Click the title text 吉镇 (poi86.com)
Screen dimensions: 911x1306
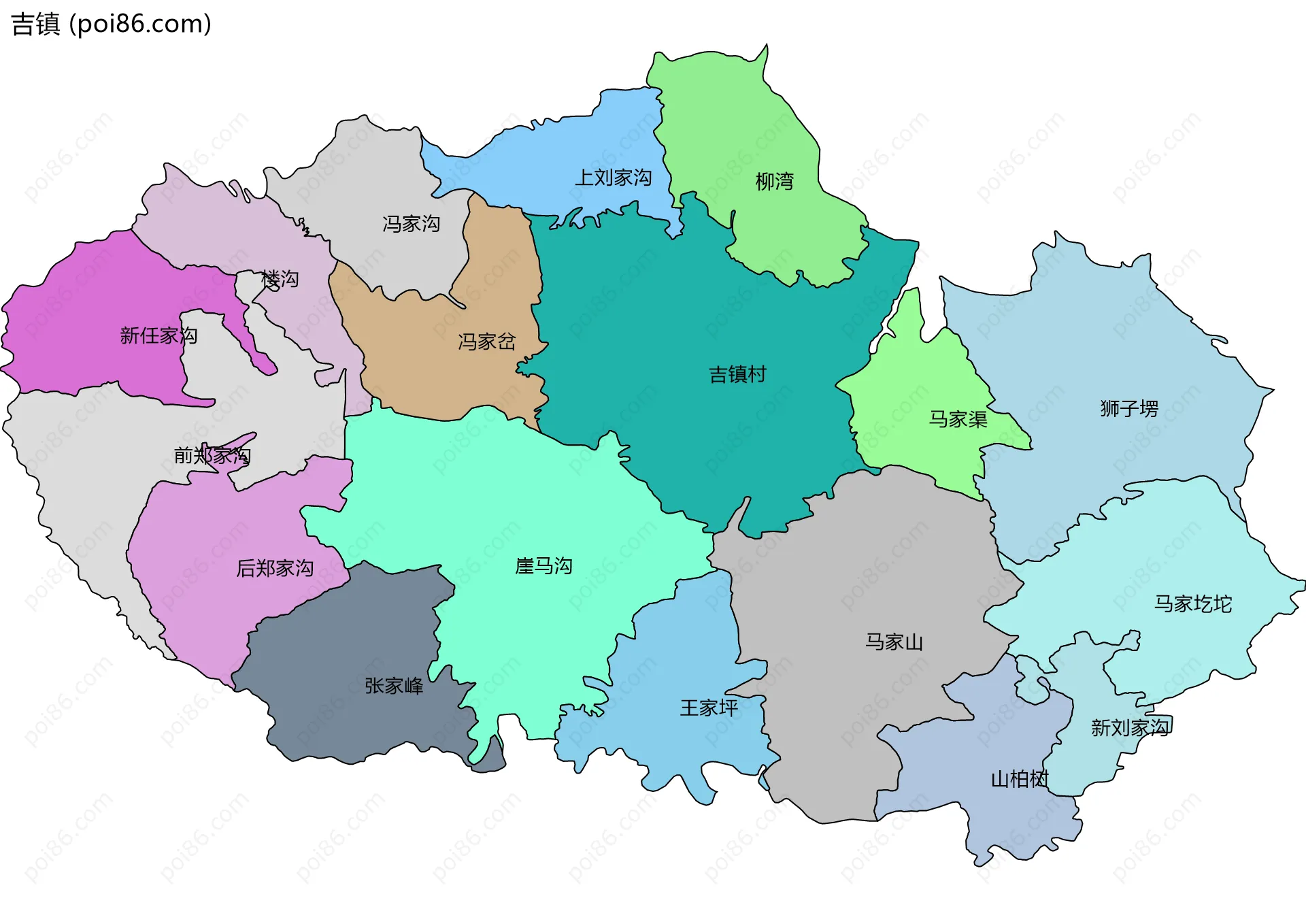click(111, 24)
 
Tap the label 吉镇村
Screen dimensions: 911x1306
click(737, 374)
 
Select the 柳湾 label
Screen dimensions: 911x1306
click(774, 182)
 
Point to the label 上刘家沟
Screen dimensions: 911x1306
click(613, 178)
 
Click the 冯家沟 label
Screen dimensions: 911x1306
click(411, 224)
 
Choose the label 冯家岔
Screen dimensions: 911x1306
click(486, 342)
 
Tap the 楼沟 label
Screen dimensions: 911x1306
click(280, 280)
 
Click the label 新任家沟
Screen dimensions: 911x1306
click(158, 335)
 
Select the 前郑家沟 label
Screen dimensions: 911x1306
click(212, 455)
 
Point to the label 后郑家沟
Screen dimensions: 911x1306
click(275, 568)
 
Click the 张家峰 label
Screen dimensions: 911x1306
click(394, 686)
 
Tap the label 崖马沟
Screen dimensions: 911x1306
click(543, 566)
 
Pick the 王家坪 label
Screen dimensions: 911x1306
click(709, 708)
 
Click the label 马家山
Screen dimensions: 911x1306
click(894, 642)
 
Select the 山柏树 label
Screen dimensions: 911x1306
click(1020, 779)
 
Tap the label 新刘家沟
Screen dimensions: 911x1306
click(1130, 728)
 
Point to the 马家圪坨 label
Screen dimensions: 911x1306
click(1192, 604)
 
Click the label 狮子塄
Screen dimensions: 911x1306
click(1129, 409)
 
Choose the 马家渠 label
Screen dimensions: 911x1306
click(958, 419)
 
